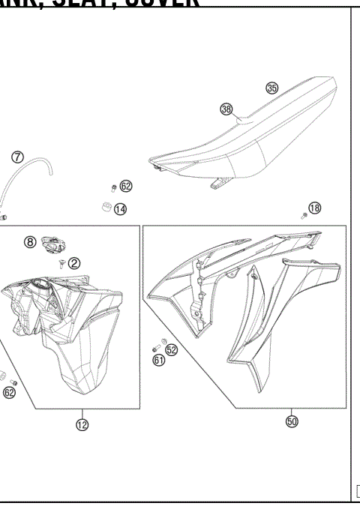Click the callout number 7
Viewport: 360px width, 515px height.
[17, 157]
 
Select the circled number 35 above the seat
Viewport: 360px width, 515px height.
[271, 88]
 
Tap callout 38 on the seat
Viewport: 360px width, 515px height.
[226, 109]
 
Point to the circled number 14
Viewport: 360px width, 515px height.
[120, 208]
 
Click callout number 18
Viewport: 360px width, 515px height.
[315, 208]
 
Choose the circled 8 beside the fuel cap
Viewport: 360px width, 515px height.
[30, 242]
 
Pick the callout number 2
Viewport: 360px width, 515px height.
[74, 262]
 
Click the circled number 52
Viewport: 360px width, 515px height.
[171, 349]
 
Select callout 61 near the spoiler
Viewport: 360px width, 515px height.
[159, 360]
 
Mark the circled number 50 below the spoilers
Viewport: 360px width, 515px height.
[292, 421]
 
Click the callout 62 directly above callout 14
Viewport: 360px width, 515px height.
[125, 186]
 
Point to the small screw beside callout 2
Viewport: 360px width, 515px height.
[60, 262]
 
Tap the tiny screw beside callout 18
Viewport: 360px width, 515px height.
[303, 214]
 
